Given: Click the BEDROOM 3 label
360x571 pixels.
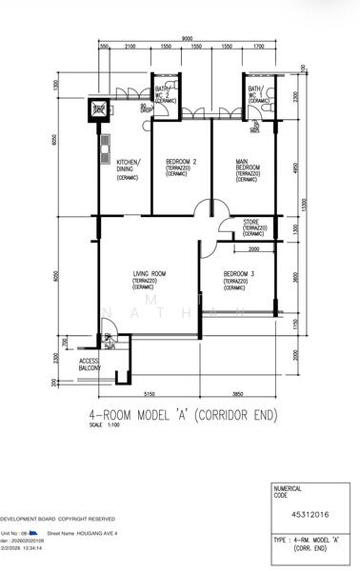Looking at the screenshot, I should [x=238, y=278].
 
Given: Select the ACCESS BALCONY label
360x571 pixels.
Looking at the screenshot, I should [x=90, y=365].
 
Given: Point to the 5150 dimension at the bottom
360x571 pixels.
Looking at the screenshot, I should [x=148, y=393].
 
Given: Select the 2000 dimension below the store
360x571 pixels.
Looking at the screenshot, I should [x=253, y=249].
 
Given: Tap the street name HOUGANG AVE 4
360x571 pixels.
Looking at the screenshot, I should [x=95, y=534].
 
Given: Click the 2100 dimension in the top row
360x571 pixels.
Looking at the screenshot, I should [x=130, y=47].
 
